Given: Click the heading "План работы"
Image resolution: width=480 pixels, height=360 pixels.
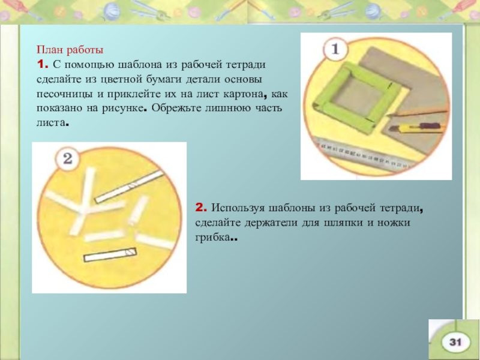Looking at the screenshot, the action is (x=70, y=50).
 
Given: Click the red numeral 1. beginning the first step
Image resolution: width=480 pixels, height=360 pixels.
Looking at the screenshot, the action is (x=42, y=65).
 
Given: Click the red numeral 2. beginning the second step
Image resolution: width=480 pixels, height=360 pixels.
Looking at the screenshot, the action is (x=201, y=208).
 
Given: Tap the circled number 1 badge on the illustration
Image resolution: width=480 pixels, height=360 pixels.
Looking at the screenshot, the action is (x=335, y=49).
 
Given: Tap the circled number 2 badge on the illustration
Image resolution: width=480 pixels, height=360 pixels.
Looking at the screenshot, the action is (x=67, y=158).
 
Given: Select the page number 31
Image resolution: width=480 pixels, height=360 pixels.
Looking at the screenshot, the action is (x=455, y=342).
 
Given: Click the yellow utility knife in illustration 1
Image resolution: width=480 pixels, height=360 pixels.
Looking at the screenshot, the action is (x=416, y=127).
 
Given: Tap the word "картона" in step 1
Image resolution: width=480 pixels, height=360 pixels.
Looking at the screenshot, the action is (x=244, y=94).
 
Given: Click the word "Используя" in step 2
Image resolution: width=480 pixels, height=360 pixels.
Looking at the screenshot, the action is (x=238, y=208).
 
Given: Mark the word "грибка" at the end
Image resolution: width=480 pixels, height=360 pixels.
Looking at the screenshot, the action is (x=212, y=237).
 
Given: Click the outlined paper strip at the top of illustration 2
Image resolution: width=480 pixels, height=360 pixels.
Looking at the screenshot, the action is (x=129, y=187).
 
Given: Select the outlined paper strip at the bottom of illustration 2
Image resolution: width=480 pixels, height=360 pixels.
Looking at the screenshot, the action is (x=110, y=254).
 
